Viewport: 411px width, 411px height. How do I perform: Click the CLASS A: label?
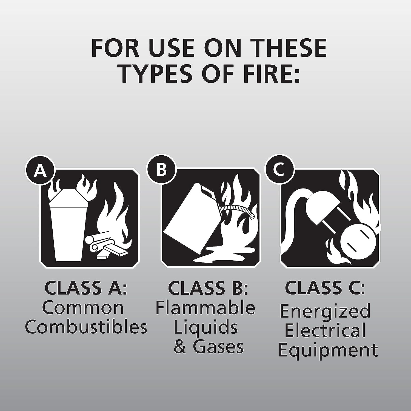[x=86, y=287]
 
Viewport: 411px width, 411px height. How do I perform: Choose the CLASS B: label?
[x=208, y=287]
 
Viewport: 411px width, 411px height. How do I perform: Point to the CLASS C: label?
[x=325, y=287]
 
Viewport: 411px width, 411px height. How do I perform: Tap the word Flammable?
[x=206, y=308]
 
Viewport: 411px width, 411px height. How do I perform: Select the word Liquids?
[x=206, y=327]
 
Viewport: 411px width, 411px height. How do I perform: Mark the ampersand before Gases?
[x=181, y=347]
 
